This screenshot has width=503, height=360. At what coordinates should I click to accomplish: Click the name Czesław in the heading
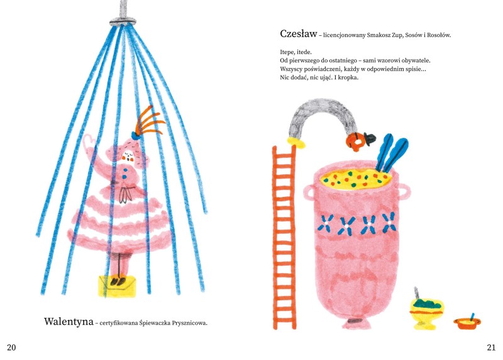point(298,34)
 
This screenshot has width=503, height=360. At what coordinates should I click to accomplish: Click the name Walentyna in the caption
point(69,322)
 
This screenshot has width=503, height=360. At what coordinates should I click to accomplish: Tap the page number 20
point(11,347)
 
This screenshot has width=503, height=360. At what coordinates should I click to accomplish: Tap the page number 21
point(491,347)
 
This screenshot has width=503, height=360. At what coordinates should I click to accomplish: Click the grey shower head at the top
point(123,21)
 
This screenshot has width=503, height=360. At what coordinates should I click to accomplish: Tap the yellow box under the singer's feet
point(117,286)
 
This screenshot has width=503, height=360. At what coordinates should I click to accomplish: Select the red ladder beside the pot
point(284,237)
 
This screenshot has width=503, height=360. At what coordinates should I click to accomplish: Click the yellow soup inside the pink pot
point(355,179)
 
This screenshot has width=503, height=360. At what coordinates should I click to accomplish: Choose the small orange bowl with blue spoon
point(467,322)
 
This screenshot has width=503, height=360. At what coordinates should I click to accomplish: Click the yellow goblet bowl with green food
point(426,310)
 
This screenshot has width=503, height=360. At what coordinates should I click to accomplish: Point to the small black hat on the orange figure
point(370,138)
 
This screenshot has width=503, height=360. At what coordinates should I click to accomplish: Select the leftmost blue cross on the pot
point(325,223)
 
